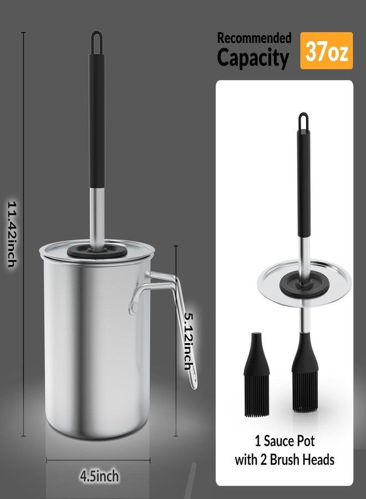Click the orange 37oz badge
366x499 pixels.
pyautogui.click(x=327, y=50)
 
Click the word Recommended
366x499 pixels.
pyautogui.click(x=255, y=38)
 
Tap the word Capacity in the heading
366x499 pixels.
pyautogui.click(x=253, y=57)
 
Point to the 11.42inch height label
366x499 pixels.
pyautogui.click(x=12, y=234)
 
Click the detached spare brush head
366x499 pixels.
pyautogui.click(x=257, y=375)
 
